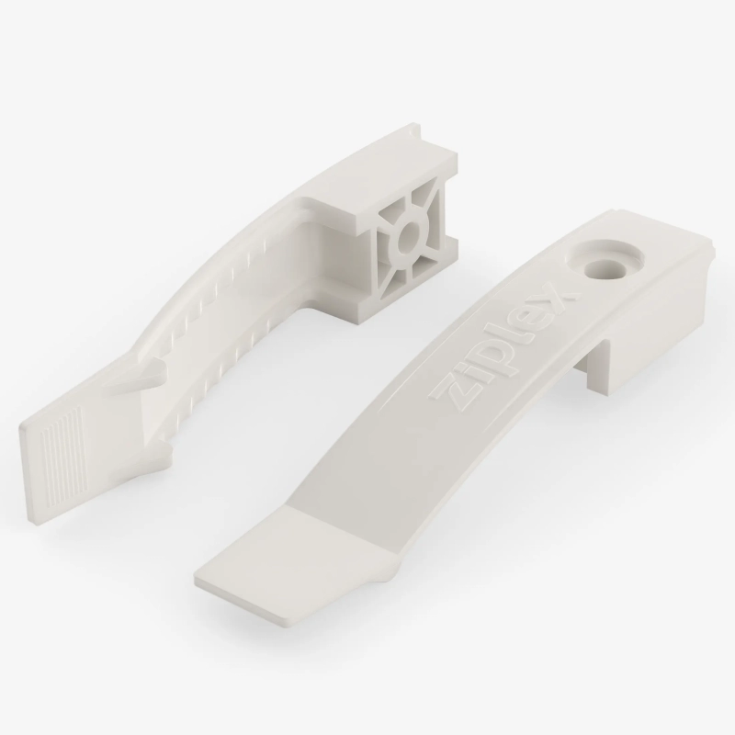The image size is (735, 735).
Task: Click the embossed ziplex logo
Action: tap(503, 347)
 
